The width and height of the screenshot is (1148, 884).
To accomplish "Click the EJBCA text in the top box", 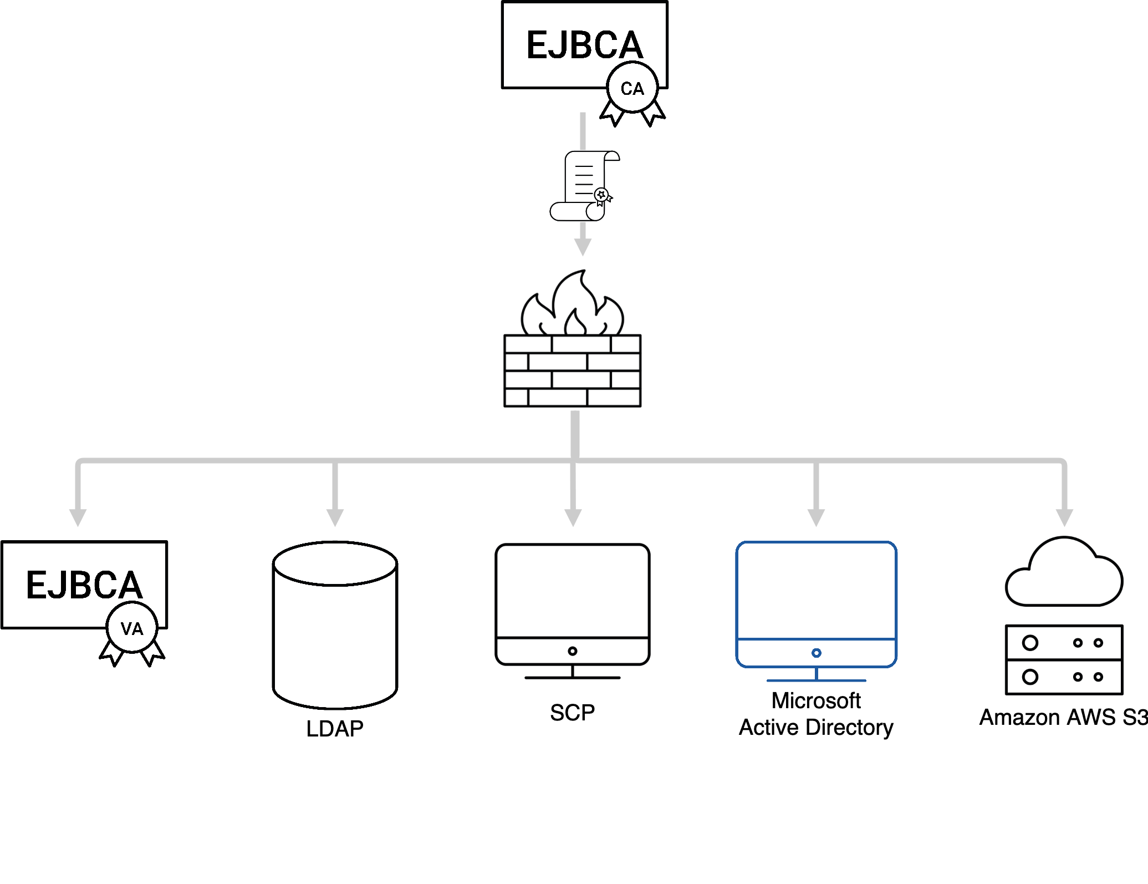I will pos(584,45).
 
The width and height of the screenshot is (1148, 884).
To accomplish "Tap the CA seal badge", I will pos(632,88).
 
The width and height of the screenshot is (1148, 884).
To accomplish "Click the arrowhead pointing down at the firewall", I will pos(583,247).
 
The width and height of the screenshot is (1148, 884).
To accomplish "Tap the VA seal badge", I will pos(132,628).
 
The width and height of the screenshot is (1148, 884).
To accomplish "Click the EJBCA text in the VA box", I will pos(84,585).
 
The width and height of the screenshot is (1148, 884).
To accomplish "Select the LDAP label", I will pos(335,728).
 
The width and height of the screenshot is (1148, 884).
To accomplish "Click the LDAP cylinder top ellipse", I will pos(335,564).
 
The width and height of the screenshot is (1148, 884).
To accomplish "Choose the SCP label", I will pos(572,713).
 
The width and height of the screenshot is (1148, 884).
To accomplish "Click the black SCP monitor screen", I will pos(573,591).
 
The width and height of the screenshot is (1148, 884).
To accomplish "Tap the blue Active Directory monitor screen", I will pos(816,591).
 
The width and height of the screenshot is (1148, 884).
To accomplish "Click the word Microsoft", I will pos(816,700).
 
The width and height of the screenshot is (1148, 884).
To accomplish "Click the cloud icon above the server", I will pos(1064,575).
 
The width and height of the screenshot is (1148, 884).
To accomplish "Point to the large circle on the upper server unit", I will pos(1030,643).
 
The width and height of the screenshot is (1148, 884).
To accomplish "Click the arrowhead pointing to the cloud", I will pos(1064,517).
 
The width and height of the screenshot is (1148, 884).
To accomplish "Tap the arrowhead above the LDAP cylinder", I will pos(335,517).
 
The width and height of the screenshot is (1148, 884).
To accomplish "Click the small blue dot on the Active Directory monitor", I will pos(816,653).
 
